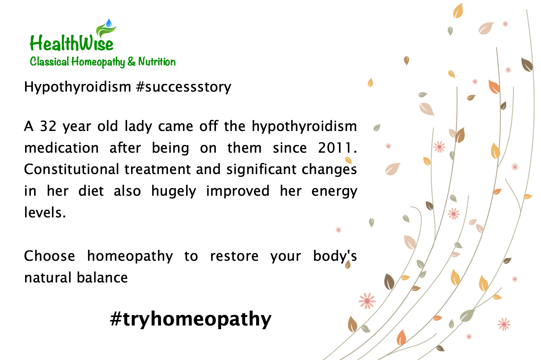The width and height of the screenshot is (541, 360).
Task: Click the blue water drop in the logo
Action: tap(109, 23)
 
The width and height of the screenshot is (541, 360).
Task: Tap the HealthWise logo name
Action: tap(71, 43)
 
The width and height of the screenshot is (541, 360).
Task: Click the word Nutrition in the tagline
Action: tap(157, 62)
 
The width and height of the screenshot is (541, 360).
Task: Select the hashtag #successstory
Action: tap(184, 87)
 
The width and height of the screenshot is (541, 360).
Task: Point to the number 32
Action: tap(48, 126)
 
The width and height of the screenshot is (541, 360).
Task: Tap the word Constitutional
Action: tap(71, 169)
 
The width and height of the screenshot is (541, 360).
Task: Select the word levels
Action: tap(45, 213)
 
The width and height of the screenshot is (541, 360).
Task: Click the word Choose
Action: tap(49, 256)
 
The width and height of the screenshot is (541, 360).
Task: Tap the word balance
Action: tap(102, 278)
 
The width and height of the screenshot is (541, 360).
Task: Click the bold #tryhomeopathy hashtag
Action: tap(191, 319)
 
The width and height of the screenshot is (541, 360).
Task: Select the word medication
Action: tap(61, 148)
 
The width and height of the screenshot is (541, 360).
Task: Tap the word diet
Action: tap(91, 191)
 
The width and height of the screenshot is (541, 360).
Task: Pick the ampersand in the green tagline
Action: tap(132, 62)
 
